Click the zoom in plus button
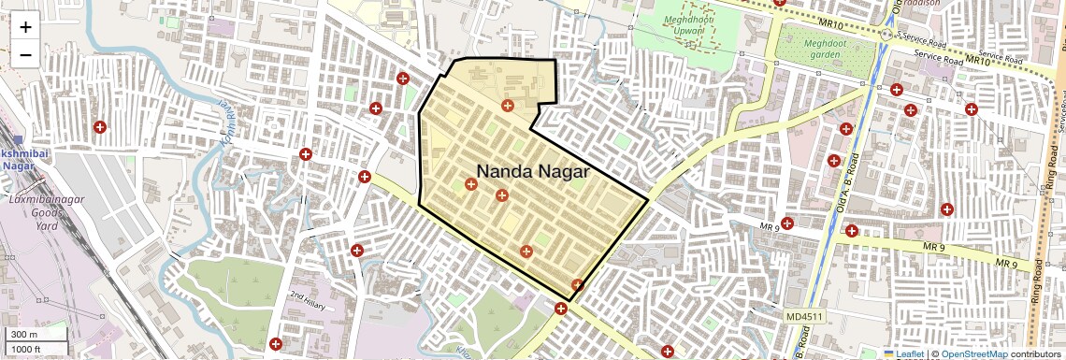pos(25,26)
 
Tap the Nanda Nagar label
pos(533,171)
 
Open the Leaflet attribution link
pos(904,353)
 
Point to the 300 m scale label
pos(23,335)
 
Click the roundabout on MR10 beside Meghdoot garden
pos(886,34)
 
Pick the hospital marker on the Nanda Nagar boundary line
pos(577,285)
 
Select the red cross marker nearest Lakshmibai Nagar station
pos(98,126)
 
